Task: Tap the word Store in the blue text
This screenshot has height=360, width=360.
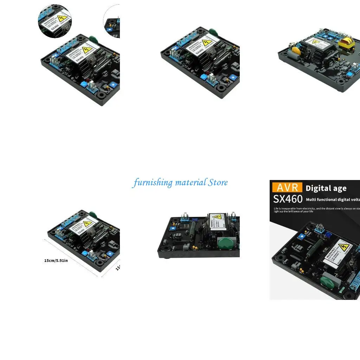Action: [x=218, y=182]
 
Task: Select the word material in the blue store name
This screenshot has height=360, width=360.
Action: [x=190, y=182]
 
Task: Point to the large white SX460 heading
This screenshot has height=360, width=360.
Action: [x=288, y=199]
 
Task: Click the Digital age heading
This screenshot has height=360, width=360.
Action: [x=326, y=188]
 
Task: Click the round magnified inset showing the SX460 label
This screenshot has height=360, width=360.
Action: [x=55, y=20]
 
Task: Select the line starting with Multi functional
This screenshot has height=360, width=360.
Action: [x=333, y=199]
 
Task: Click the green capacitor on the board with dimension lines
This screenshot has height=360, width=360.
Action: [x=93, y=215]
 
